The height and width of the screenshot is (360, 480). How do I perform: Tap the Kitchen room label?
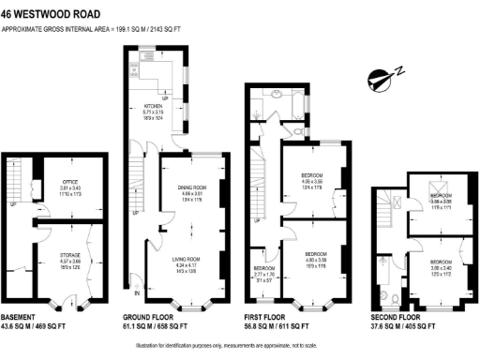154,109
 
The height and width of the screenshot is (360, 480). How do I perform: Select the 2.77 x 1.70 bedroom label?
264,272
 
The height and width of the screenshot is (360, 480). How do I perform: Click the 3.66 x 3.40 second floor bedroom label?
440,265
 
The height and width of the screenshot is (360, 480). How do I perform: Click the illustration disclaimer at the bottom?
240,346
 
